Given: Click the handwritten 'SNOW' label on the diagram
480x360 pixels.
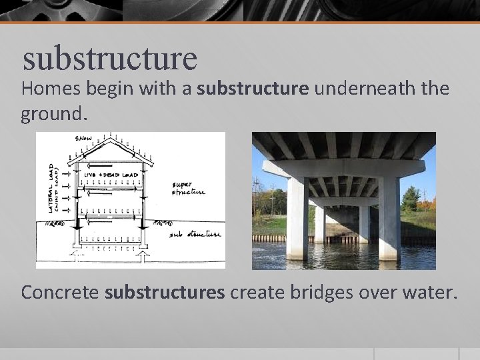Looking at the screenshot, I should (x=83, y=138).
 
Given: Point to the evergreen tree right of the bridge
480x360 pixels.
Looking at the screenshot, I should (x=409, y=200).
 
